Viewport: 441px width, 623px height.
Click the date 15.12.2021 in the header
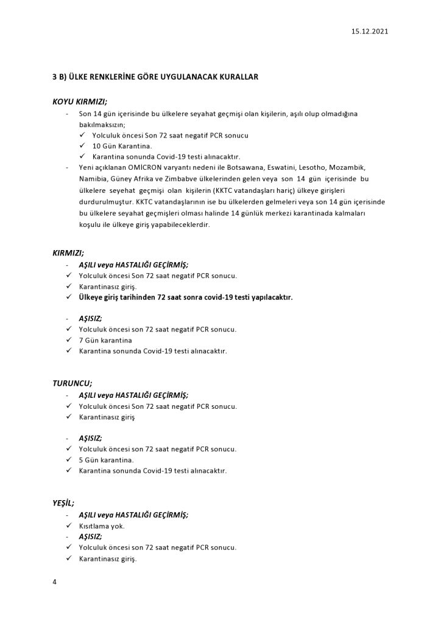coord(369,31)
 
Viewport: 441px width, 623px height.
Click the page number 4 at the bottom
coord(55,582)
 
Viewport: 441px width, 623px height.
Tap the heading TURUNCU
coord(72,383)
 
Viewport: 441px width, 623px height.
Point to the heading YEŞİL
coord(63,503)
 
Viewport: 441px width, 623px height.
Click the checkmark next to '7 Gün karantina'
coord(69,340)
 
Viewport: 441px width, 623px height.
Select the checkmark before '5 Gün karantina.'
coord(69,460)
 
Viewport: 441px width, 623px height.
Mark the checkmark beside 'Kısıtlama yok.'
coord(69,525)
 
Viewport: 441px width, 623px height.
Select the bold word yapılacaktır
coord(266,298)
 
